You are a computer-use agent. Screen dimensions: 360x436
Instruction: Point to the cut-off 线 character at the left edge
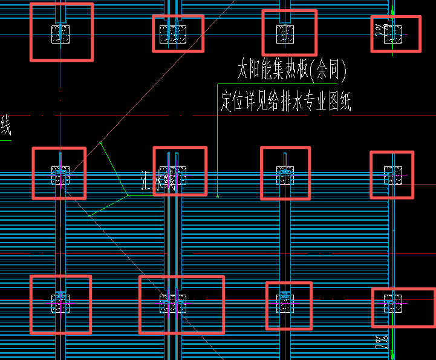click(5, 127)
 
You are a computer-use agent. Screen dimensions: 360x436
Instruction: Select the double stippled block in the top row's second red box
click(172, 34)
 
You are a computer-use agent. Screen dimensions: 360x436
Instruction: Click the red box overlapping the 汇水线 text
click(180, 171)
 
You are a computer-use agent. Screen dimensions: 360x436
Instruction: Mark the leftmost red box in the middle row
click(59, 173)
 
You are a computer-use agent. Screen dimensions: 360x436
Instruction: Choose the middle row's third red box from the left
click(285, 173)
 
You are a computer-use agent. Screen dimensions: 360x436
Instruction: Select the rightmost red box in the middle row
click(391, 175)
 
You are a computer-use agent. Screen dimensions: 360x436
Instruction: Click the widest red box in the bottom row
click(181, 304)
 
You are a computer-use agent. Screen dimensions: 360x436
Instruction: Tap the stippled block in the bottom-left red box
click(60, 303)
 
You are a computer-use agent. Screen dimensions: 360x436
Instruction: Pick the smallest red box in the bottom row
click(288, 306)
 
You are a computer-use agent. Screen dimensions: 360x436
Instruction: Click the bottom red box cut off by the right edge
click(403, 307)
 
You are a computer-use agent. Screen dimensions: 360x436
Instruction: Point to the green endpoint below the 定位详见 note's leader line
click(217, 196)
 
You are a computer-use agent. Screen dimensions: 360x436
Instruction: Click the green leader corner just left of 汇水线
click(127, 195)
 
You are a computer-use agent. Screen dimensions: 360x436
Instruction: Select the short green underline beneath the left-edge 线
click(5, 140)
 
